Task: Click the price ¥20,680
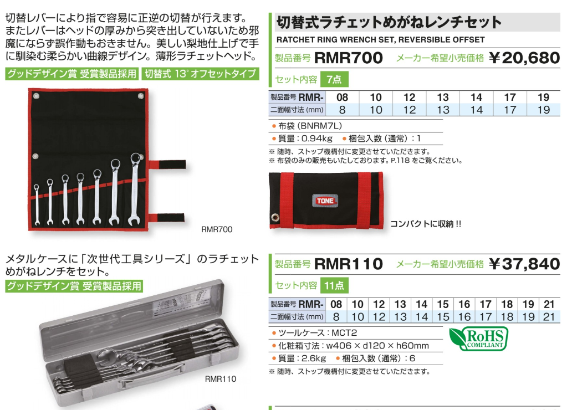(x=524, y=58)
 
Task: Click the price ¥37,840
(x=524, y=264)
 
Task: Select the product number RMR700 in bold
(x=348, y=58)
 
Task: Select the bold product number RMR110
(x=348, y=264)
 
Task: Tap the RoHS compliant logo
(x=478, y=339)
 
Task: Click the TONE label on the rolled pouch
(x=325, y=201)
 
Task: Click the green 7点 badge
(x=334, y=79)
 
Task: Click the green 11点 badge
(x=334, y=286)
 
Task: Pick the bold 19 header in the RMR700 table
(x=543, y=98)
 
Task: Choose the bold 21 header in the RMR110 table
(x=549, y=304)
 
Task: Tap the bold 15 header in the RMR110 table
(x=442, y=304)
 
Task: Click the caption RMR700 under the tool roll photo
(x=217, y=229)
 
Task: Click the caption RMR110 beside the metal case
(x=221, y=379)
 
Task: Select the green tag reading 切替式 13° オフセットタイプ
(x=200, y=74)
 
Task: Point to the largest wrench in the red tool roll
(x=135, y=191)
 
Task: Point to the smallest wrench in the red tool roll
(x=37, y=205)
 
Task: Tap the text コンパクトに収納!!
(x=426, y=224)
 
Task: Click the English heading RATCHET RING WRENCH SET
(x=380, y=40)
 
